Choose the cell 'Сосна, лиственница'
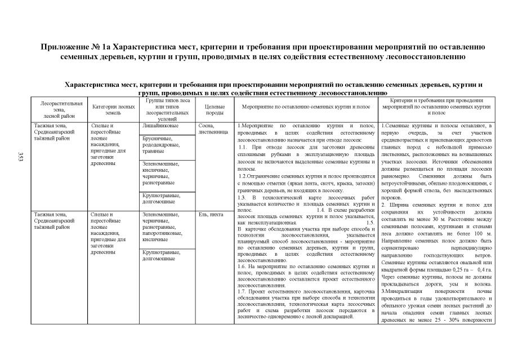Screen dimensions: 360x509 pos(212,129)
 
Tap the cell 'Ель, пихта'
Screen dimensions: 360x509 pos(211,215)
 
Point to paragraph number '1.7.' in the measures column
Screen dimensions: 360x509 pos(244,290)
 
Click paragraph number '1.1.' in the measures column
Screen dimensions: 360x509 pos(244,146)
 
